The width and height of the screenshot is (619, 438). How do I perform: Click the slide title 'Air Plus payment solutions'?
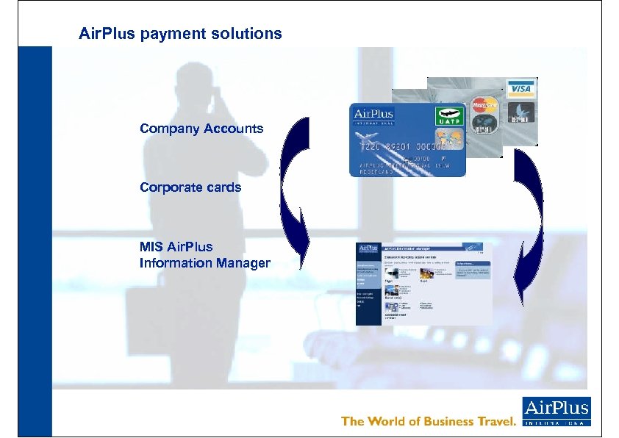180,34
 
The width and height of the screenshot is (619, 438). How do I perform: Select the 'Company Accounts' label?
201,129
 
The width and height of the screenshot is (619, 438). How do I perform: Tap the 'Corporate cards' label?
190,187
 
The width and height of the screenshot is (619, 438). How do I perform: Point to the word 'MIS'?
151,246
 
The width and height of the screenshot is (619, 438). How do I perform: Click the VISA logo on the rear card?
520,88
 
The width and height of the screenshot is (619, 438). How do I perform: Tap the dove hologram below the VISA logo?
523,111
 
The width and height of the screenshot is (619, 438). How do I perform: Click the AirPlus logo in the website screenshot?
368,248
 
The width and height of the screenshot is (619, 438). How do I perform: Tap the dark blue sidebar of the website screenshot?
367,294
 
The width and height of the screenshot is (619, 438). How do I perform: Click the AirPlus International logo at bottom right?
557,412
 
